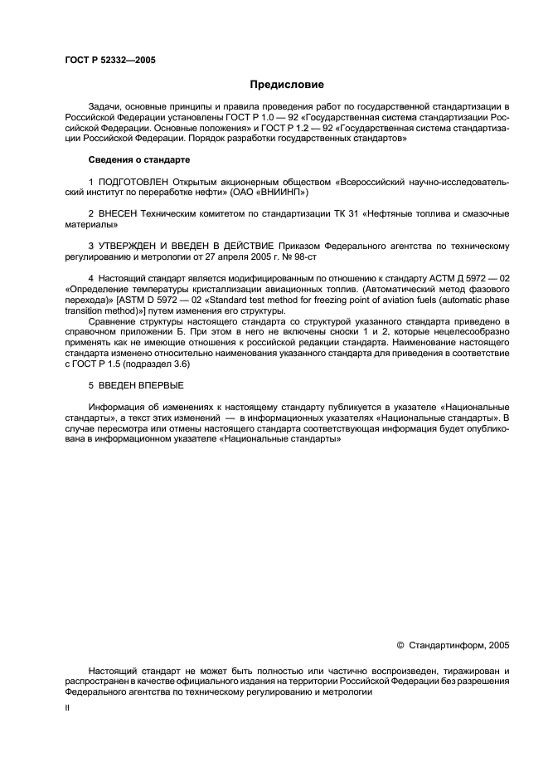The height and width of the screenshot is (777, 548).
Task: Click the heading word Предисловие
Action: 288,85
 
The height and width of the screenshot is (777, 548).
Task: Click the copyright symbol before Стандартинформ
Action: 401,644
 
